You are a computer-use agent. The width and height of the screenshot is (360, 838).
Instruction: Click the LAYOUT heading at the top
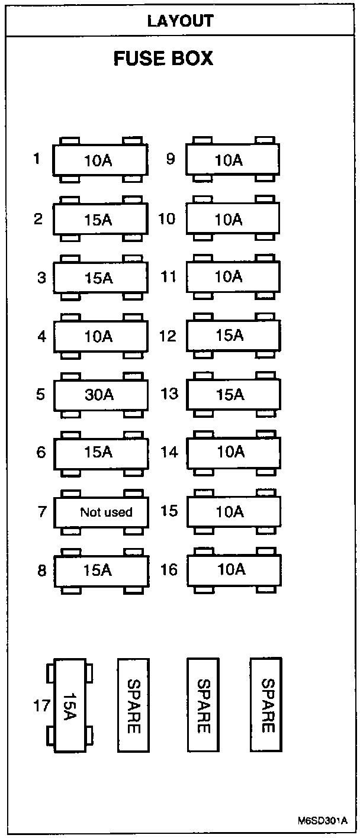(x=180, y=21)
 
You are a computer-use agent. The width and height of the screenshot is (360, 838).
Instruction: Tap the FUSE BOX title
(x=163, y=59)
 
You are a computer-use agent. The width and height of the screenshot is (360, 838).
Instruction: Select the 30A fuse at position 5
(x=101, y=395)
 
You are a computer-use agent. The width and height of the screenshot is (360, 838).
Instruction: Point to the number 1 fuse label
(x=37, y=159)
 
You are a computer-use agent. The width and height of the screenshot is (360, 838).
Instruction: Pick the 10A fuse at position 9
(x=233, y=160)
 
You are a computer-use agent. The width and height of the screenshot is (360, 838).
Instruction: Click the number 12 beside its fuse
(x=168, y=336)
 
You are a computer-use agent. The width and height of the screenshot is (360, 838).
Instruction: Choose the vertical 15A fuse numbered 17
(x=70, y=705)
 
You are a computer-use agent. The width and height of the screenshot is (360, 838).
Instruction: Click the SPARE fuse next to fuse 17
(x=133, y=705)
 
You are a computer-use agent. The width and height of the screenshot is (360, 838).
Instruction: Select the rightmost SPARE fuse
(x=266, y=705)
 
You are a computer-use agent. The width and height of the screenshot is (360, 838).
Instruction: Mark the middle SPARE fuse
(x=202, y=705)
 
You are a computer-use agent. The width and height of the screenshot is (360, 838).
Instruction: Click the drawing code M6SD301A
(x=322, y=821)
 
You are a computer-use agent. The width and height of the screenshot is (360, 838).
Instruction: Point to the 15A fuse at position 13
(x=233, y=394)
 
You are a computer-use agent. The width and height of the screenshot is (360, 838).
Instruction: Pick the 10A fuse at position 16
(x=233, y=569)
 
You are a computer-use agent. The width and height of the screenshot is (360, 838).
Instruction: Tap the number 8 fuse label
(x=41, y=571)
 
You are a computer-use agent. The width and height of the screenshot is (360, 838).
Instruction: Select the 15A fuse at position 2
(x=101, y=220)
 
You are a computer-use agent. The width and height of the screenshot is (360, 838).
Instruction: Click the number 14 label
(x=169, y=452)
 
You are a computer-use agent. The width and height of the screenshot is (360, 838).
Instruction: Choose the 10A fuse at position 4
(x=101, y=337)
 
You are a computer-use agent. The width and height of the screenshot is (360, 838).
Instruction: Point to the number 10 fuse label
(x=167, y=219)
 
